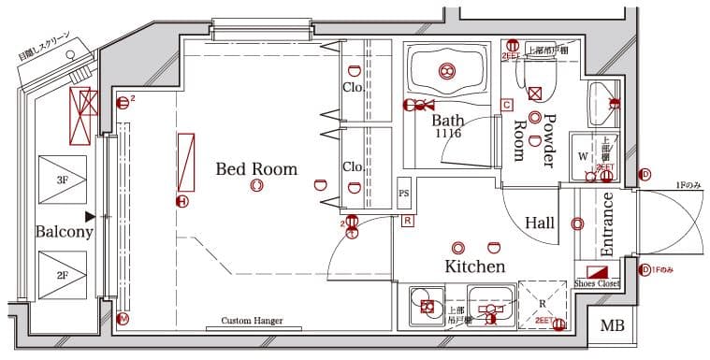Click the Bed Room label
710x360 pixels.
(255, 169)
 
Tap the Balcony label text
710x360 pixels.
(64, 232)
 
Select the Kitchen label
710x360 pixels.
(474, 266)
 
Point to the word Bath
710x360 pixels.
(447, 121)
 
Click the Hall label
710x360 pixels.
(539, 223)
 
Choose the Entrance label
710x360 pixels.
(606, 224)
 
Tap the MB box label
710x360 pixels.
(613, 326)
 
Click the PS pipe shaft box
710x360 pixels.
(404, 194)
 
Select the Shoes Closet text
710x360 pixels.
(597, 282)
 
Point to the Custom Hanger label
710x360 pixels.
(252, 321)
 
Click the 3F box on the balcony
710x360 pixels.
(63, 179)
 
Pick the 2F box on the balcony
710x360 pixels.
(63, 276)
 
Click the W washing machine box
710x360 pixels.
(583, 155)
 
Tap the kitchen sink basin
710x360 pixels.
(487, 306)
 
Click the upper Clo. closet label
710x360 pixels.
(352, 89)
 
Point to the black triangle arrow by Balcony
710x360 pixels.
(91, 216)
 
